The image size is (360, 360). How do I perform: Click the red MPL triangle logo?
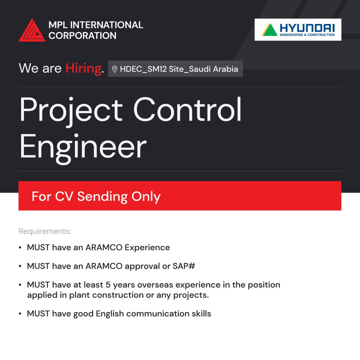click(32, 31)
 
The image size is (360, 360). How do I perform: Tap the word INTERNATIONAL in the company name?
click(106, 25)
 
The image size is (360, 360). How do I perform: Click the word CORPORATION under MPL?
click(83, 36)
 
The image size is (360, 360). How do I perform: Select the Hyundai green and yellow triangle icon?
click(270, 30)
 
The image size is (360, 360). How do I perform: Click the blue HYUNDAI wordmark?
click(307, 27)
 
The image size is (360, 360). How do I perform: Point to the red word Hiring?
click(83, 68)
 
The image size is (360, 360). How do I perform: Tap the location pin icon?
click(115, 69)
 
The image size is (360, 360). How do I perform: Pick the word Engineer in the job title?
click(83, 147)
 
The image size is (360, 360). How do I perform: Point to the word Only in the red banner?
click(146, 197)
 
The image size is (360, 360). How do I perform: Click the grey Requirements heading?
click(45, 231)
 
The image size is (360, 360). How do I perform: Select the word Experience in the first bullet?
click(147, 247)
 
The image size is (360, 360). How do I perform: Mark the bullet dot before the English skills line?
click(20, 314)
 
